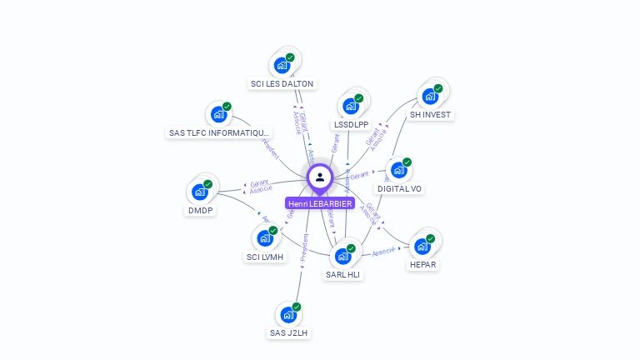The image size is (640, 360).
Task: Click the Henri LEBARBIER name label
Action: (320, 203)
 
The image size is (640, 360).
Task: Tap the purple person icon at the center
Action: (320, 177)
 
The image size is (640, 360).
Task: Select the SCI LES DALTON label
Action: (282, 83)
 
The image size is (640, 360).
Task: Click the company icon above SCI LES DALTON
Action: (282, 64)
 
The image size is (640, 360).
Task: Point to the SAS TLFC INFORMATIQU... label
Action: (219, 132)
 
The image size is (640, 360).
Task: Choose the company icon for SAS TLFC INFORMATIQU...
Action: (218, 114)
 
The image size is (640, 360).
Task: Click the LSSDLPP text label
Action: (351, 125)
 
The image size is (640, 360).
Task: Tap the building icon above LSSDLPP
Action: (351, 106)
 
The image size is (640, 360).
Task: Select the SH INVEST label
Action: (431, 114)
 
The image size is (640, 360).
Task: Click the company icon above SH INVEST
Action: (430, 95)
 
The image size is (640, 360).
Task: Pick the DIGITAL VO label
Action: (399, 189)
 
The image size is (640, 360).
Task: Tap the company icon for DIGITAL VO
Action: (399, 170)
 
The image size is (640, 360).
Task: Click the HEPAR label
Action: (422, 265)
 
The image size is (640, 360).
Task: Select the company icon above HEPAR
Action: (422, 246)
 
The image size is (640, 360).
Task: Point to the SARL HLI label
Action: (343, 274)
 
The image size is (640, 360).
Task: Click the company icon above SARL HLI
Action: (342, 255)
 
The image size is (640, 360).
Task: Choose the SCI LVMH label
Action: (265, 257)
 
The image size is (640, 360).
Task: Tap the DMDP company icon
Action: (200, 192)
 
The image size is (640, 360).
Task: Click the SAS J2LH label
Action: (288, 333)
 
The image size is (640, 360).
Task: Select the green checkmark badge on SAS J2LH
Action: (297, 307)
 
